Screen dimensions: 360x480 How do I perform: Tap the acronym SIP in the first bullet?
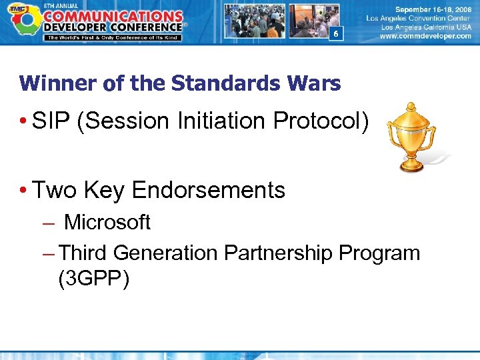click(52, 121)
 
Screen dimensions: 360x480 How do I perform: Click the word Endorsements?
click(209, 191)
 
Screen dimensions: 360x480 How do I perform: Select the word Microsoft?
click(107, 222)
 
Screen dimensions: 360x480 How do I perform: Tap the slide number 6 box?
click(336, 34)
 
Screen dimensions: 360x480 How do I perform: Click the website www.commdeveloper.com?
click(425, 37)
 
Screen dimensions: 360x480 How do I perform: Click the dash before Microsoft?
click(47, 223)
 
